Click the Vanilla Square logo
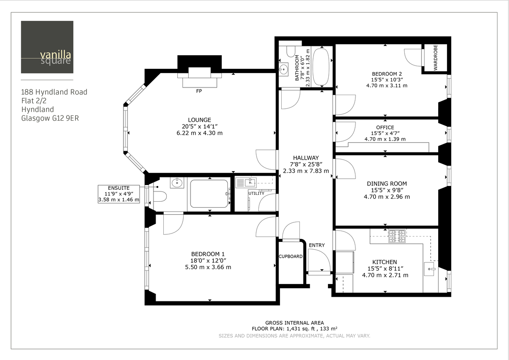click(47, 47)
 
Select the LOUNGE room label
click(199, 120)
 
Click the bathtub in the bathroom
click(321, 67)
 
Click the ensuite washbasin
click(177, 183)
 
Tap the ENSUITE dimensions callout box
click(118, 194)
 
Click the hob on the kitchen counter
click(397, 236)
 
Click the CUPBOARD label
click(291, 256)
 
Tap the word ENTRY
click(317, 245)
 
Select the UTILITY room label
click(256, 194)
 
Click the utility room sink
click(246, 183)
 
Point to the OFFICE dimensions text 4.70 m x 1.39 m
click(385, 139)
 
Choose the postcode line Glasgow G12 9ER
click(50, 118)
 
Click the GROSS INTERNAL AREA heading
click(294, 323)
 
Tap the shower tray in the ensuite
click(210, 194)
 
